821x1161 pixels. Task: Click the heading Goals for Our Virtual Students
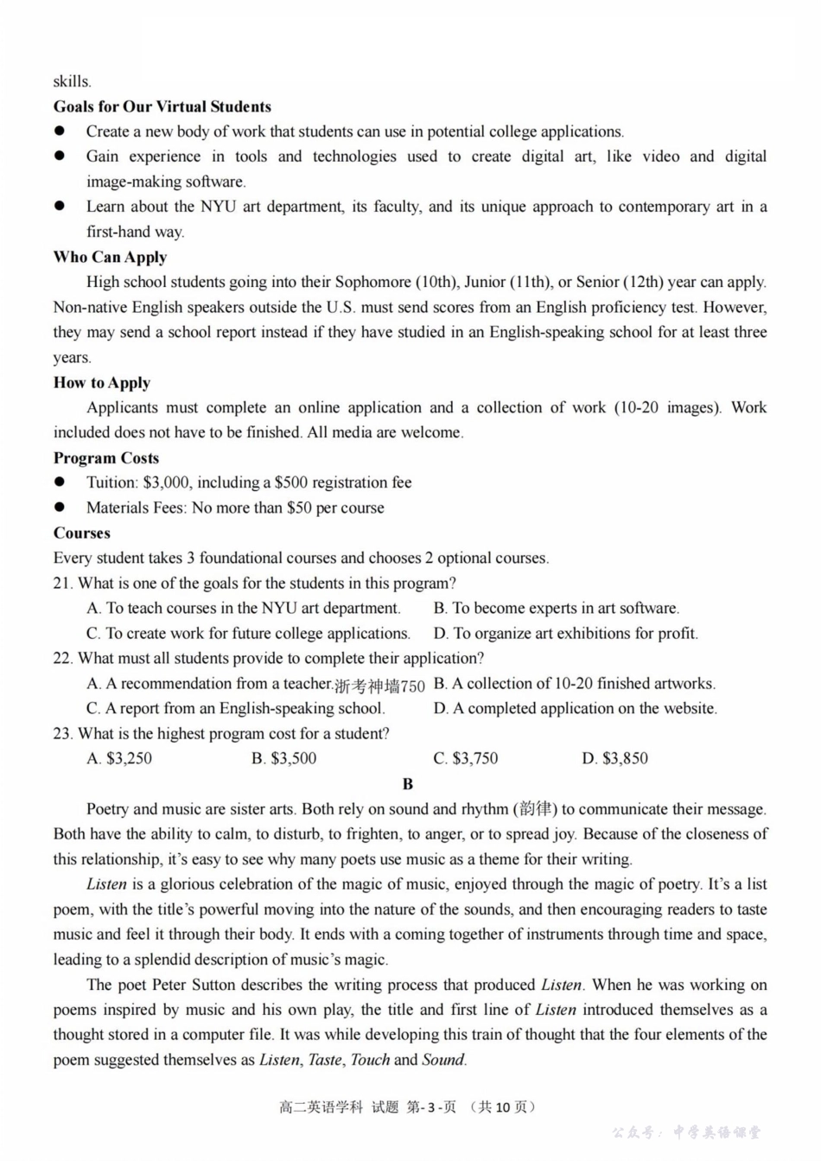point(162,106)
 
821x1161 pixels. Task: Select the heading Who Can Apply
point(110,257)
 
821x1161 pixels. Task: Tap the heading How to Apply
point(102,382)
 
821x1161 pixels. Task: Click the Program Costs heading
point(105,457)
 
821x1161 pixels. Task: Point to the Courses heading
point(81,533)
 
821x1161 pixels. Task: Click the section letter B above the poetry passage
point(408,783)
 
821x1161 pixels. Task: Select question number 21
point(62,583)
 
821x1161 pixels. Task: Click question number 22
point(62,658)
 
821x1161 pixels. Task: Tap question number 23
point(62,733)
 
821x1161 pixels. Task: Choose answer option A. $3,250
point(119,758)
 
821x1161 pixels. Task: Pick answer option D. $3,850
point(614,758)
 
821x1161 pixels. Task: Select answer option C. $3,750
point(465,758)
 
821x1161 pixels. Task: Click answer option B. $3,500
point(283,758)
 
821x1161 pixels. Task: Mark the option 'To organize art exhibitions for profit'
point(565,633)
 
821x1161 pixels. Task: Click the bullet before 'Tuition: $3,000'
point(60,482)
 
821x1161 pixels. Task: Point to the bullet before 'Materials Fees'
point(60,507)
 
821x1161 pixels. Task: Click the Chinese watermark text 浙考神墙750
point(379,686)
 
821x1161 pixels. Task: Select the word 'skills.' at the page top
point(72,81)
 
